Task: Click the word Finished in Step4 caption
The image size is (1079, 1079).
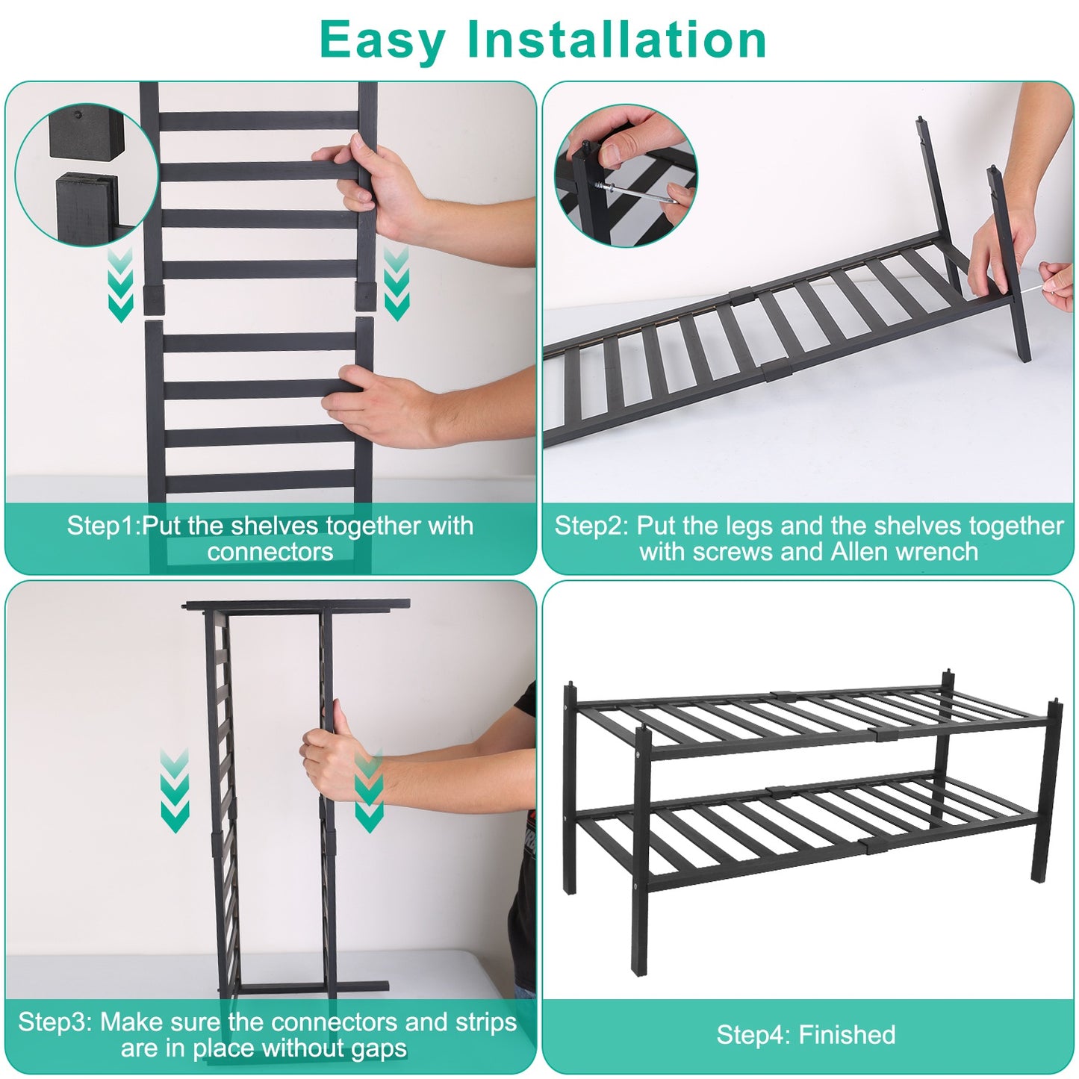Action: tap(847, 1035)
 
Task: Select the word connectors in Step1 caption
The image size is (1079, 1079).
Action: tap(270, 552)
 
